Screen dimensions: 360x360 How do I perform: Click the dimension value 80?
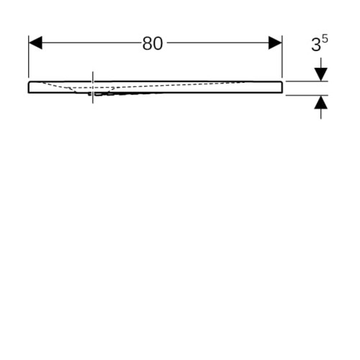[x=153, y=44]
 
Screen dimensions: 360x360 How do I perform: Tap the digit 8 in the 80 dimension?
[x=148, y=44]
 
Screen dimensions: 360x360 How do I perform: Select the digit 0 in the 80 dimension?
[x=158, y=44]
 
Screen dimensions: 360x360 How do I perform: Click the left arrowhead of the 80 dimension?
[x=35, y=43]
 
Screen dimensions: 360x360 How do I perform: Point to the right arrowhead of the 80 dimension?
[x=275, y=43]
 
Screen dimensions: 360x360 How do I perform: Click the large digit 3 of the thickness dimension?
[x=316, y=45]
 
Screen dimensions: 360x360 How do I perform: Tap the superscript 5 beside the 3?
[x=325, y=39]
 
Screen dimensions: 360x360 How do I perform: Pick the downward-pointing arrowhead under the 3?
[x=321, y=74]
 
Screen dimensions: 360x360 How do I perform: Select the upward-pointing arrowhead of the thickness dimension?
[x=321, y=102]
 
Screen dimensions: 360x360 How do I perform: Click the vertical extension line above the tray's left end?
[x=29, y=57]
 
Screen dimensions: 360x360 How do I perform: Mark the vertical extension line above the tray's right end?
[x=282, y=57]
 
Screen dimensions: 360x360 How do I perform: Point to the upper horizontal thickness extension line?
[x=307, y=81]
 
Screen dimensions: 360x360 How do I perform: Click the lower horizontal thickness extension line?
[x=307, y=95]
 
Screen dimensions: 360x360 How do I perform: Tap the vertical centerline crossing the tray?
[x=93, y=87]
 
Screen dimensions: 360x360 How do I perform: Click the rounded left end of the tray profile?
[x=29, y=87]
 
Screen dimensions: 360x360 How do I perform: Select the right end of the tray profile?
[x=282, y=87]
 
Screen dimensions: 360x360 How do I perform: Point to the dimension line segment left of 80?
[x=92, y=43]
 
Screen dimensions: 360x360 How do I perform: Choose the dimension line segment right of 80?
[x=218, y=43]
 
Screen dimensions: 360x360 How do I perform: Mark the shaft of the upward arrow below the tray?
[x=321, y=114]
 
